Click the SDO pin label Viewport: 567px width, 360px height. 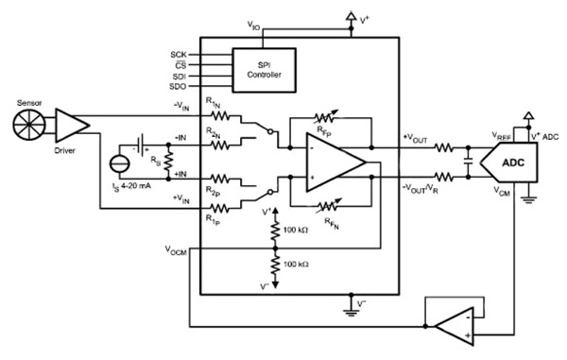(179, 86)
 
